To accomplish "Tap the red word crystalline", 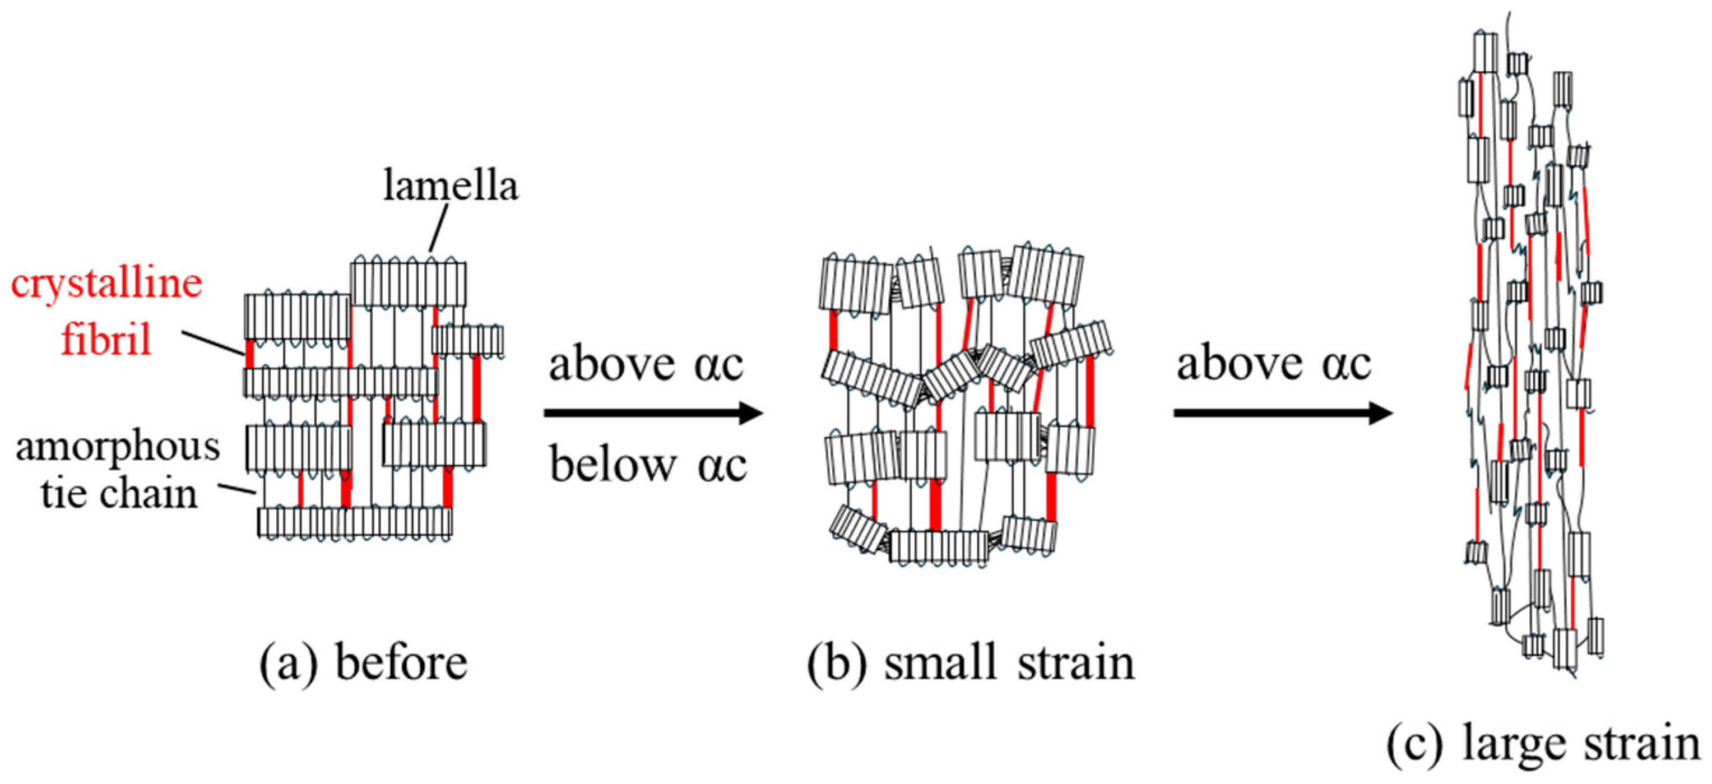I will point(106,284).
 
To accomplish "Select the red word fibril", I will point(106,339).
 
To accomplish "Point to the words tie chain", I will point(119,494).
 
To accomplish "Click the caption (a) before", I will point(364,663).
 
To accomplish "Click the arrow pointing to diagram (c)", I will point(1283,413).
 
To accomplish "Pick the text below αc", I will point(648,465).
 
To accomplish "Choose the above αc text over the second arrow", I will point(1274,364).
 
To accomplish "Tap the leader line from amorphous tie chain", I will point(237,489).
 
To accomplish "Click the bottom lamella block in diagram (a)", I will point(355,522).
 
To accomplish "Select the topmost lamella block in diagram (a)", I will point(408,284).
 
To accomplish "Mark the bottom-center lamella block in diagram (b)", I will point(939,548).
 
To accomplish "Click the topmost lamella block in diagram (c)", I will point(1486,52).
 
